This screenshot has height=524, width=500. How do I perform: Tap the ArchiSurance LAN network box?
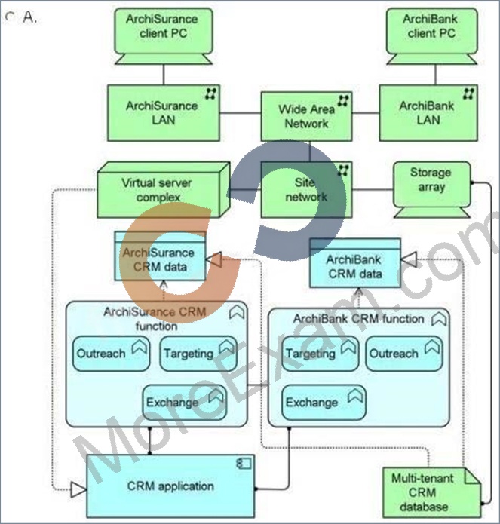pos(164,113)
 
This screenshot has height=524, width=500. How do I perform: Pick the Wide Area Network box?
pos(306,116)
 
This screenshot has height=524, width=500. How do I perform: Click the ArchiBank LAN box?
pos(428,113)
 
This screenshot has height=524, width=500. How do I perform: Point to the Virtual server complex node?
pos(164,190)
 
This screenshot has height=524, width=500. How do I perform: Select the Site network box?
pos(306,190)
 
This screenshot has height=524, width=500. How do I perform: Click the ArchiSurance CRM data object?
pos(160,256)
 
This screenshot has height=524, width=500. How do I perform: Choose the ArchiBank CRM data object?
pos(355,263)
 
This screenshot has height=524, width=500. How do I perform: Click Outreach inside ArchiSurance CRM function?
pos(112,354)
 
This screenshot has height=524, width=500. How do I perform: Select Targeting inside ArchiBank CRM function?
pos(321,354)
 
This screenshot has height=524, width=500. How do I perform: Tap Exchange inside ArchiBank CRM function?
pos(324,403)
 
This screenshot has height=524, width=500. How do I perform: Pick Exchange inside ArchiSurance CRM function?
pos(185,403)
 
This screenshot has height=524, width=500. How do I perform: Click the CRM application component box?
pos(170,486)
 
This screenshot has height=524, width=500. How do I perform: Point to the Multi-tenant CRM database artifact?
pos(432,492)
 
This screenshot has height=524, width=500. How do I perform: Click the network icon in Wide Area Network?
pos(343,100)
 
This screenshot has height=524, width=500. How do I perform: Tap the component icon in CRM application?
pos(244,464)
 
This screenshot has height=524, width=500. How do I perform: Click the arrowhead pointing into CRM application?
pos(79,490)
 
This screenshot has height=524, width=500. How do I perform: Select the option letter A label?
pos(29,17)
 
